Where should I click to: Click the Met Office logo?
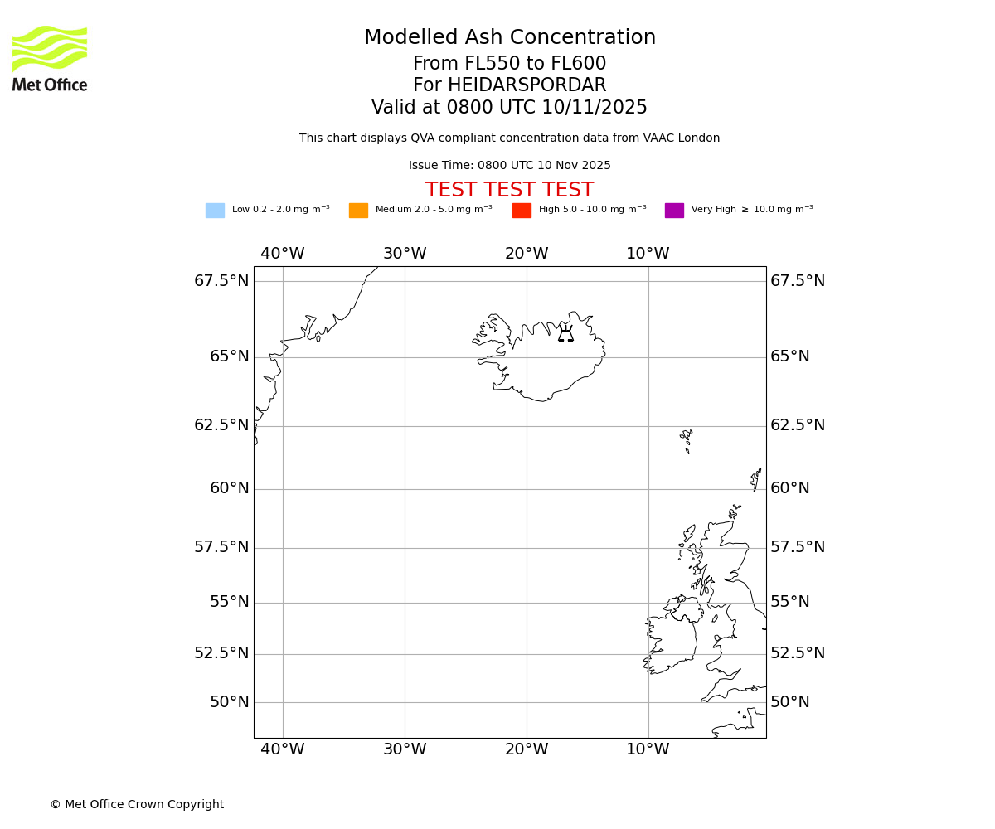pos(50,58)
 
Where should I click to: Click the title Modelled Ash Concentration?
pos(509,38)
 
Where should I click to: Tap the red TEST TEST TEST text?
pos(509,191)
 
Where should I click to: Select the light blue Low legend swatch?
pos(215,211)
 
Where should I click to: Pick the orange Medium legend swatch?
pos(358,211)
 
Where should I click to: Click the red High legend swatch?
pos(522,211)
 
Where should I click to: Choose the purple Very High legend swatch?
pos(674,211)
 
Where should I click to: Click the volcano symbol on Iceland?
pos(565,334)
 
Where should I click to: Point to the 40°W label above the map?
pos(283,254)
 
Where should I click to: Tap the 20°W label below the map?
pos(527,749)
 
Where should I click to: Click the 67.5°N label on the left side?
pos(221,281)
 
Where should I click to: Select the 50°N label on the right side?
pos(790,702)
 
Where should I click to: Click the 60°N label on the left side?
pos(230,488)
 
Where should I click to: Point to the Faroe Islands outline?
pos(687,439)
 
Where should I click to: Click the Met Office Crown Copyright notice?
pos(137,805)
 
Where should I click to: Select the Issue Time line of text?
pos(509,166)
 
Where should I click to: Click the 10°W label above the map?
pos(648,254)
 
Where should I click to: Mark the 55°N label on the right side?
pos(790,602)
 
